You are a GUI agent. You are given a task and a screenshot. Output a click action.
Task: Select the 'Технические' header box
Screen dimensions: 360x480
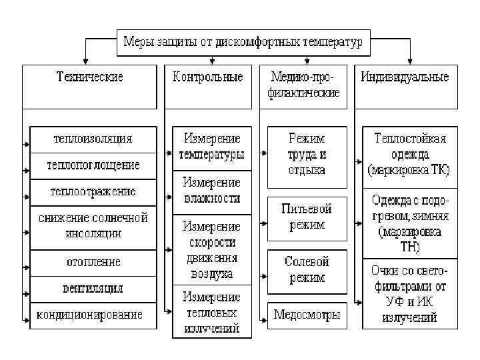[89, 86]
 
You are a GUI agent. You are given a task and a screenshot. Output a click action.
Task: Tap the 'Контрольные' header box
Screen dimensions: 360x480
[207, 86]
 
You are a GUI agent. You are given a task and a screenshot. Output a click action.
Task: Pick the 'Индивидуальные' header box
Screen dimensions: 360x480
[405, 86]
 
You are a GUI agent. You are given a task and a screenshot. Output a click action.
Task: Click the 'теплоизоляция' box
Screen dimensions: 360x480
[93, 139]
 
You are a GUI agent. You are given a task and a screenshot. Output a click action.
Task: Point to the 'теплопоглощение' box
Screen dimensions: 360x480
[93, 165]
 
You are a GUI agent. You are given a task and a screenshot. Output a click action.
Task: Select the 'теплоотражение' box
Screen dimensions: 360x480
[93, 191]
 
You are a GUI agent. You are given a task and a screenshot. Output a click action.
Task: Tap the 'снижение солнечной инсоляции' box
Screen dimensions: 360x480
[93, 227]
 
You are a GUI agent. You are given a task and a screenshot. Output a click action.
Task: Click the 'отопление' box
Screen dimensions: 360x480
[93, 263]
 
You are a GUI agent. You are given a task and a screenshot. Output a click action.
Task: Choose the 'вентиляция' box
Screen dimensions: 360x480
[93, 289]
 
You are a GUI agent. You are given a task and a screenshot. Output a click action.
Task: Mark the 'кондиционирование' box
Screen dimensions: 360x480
[93, 314]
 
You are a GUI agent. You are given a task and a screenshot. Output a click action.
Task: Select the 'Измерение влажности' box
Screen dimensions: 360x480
[212, 191]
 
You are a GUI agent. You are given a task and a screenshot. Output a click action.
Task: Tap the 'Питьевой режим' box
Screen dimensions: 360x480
[307, 217]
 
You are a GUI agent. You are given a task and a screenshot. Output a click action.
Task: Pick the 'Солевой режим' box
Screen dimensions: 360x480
[307, 270]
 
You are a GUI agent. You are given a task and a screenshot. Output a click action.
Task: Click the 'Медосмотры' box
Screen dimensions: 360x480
[307, 314]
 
